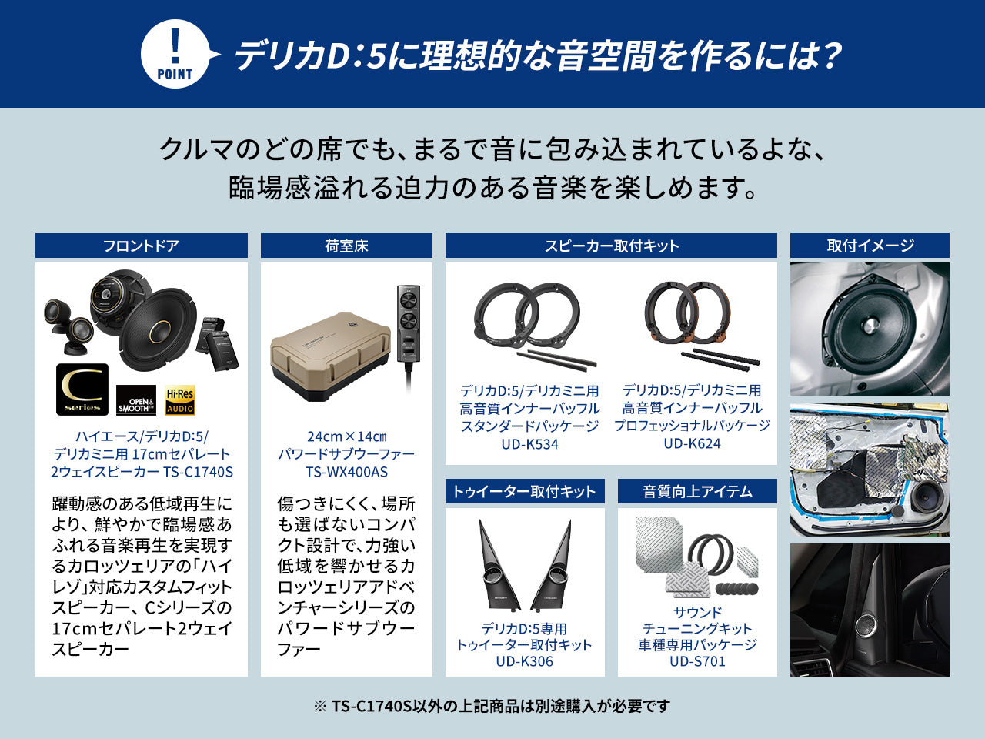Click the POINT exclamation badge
tap(175, 55)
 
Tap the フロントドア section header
tap(141, 246)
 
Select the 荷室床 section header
tap(346, 246)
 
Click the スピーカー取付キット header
tap(611, 246)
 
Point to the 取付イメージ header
tap(870, 246)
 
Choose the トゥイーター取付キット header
tap(524, 492)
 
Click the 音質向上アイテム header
tap(697, 492)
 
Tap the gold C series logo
tap(82, 390)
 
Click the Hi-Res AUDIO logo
tap(180, 400)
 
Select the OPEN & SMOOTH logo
tap(136, 403)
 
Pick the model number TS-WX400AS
tap(346, 472)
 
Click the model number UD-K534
tap(529, 444)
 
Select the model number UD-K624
tap(692, 443)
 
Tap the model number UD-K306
tap(524, 661)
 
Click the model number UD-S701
tap(697, 661)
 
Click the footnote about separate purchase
tap(492, 706)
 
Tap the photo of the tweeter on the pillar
tap(870, 610)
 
